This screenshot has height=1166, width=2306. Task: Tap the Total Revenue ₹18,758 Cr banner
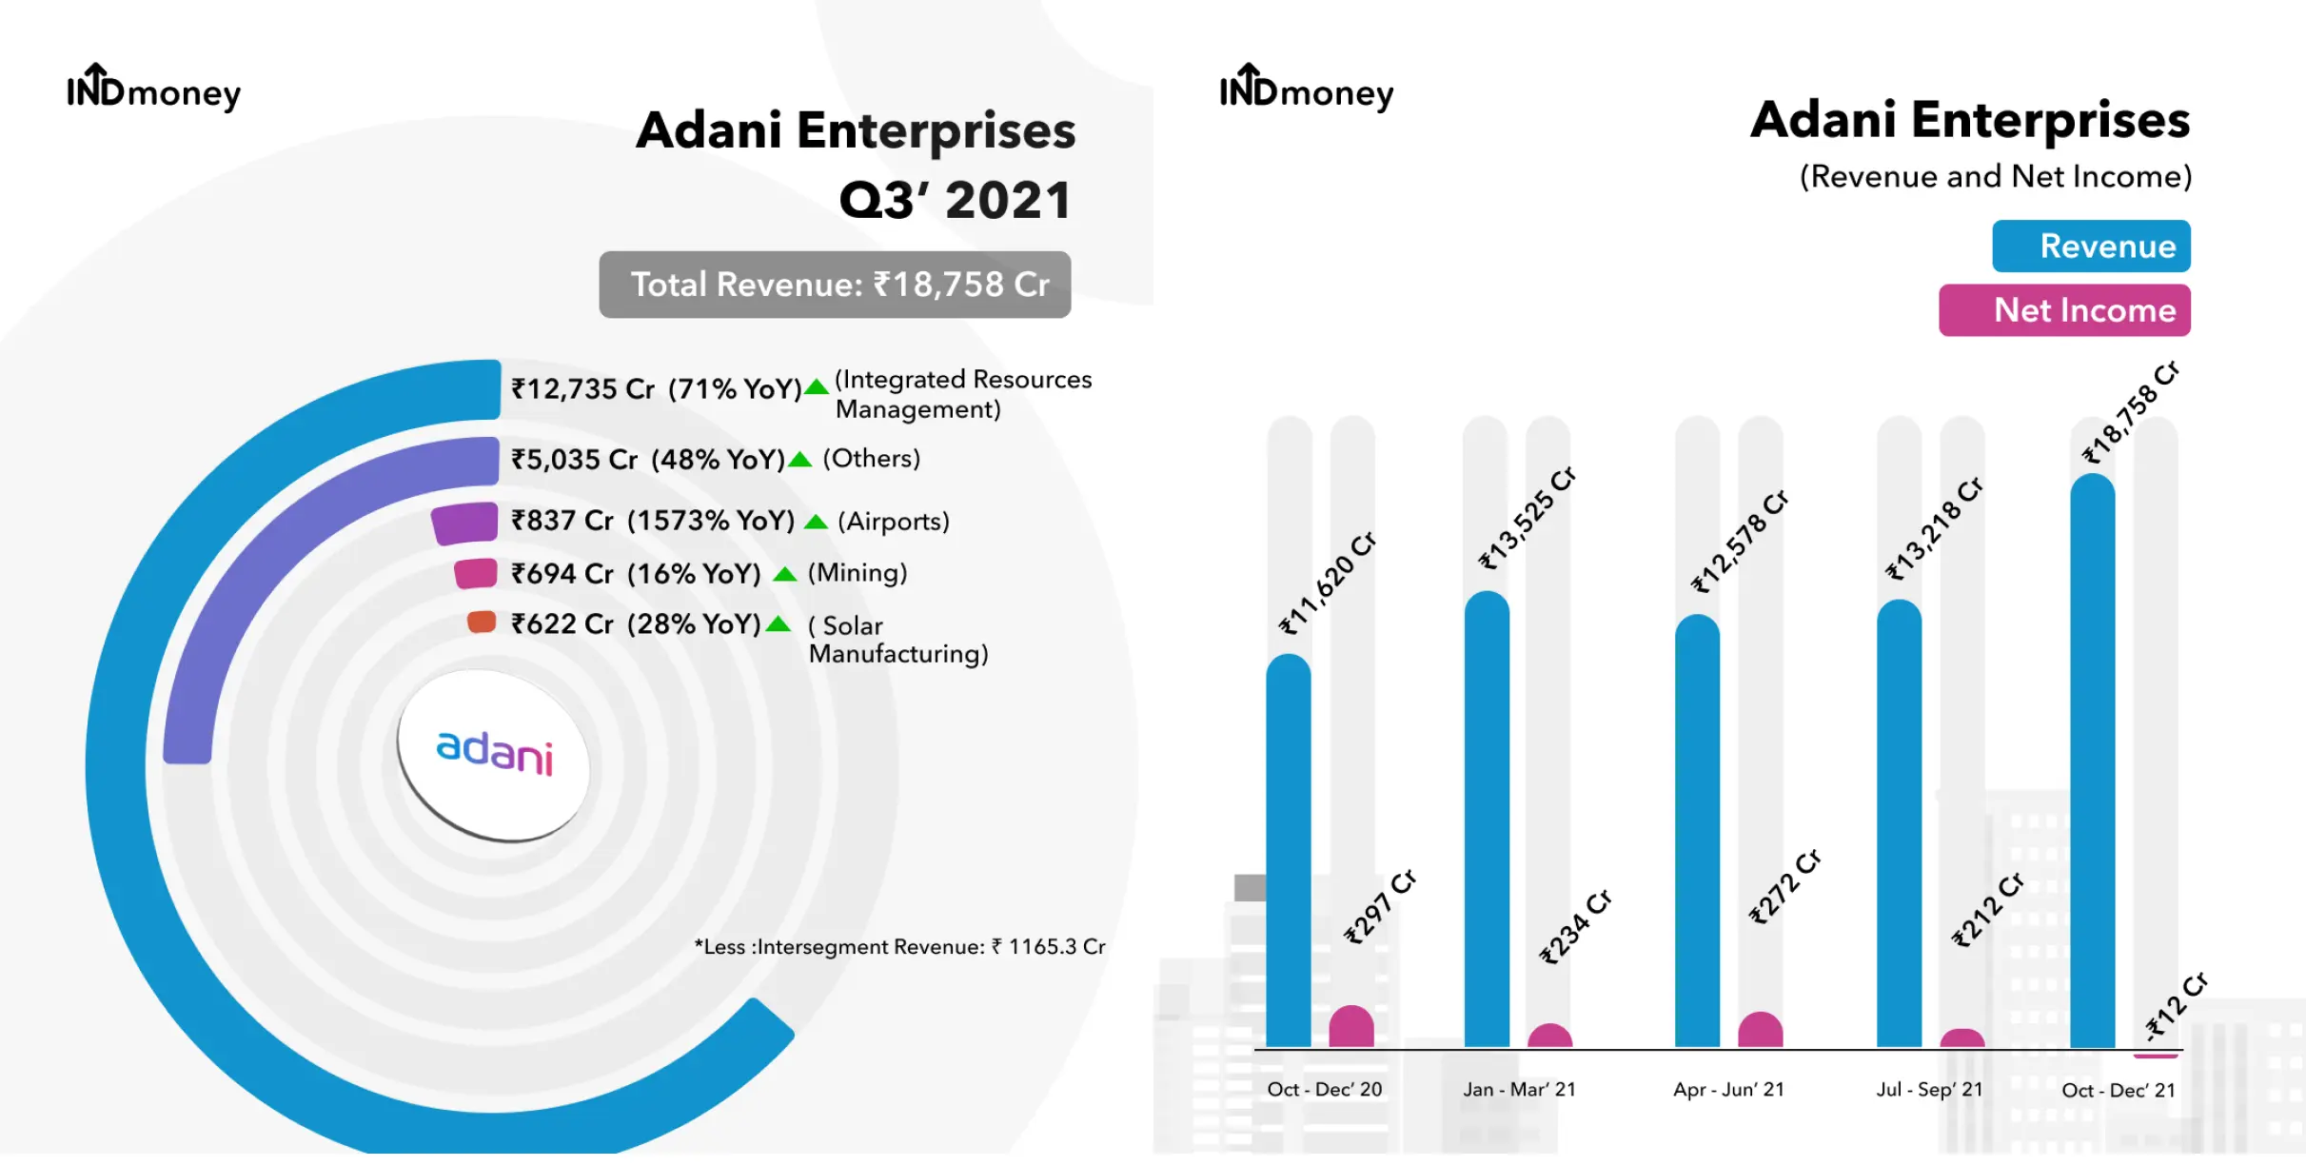(835, 285)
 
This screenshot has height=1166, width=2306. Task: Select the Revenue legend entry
(2091, 247)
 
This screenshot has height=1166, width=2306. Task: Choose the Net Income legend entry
(2064, 310)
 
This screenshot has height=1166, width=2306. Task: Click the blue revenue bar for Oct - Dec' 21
(2092, 761)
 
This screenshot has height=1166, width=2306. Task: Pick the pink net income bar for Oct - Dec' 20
(1350, 1028)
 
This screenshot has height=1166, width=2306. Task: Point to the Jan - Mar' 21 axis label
(1519, 1090)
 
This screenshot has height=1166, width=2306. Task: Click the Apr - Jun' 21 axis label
(1728, 1090)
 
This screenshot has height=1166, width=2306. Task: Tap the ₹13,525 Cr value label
(1527, 519)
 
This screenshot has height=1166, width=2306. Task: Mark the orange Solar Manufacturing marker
(482, 623)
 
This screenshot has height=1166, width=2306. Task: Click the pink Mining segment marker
(476, 574)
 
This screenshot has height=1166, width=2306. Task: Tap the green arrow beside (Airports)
(816, 522)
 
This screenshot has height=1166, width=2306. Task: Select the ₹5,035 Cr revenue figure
(574, 460)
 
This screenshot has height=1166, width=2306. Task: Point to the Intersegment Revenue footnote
(899, 947)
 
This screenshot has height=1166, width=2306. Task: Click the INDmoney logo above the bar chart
(1306, 89)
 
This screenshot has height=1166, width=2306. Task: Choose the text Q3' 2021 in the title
(955, 201)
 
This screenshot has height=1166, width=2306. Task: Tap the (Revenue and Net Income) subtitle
(1995, 177)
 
